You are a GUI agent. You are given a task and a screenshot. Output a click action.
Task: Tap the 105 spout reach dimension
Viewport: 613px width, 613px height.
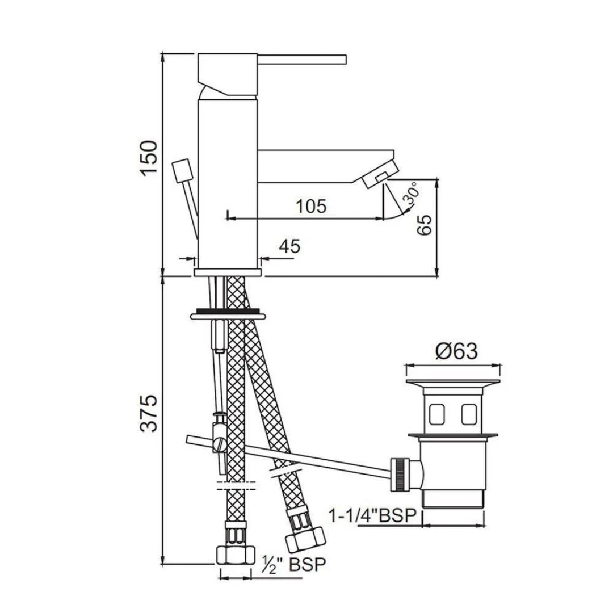pyautogui.click(x=311, y=207)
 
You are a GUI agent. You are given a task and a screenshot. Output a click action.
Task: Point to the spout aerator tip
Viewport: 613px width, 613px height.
pyautogui.click(x=379, y=174)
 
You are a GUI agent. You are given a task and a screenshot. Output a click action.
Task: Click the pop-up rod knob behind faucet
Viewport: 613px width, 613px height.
pyautogui.click(x=181, y=170)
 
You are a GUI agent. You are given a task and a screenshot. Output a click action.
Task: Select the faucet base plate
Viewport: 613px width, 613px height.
pyautogui.click(x=228, y=273)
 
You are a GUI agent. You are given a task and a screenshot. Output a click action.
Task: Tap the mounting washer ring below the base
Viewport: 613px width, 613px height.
pyautogui.click(x=228, y=314)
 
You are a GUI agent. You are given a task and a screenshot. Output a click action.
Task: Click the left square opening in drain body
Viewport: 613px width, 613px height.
pyautogui.click(x=438, y=414)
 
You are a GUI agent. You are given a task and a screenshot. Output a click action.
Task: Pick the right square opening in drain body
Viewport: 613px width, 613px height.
pyautogui.click(x=468, y=414)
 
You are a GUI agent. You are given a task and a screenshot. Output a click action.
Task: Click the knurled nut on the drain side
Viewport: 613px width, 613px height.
pyautogui.click(x=404, y=473)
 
